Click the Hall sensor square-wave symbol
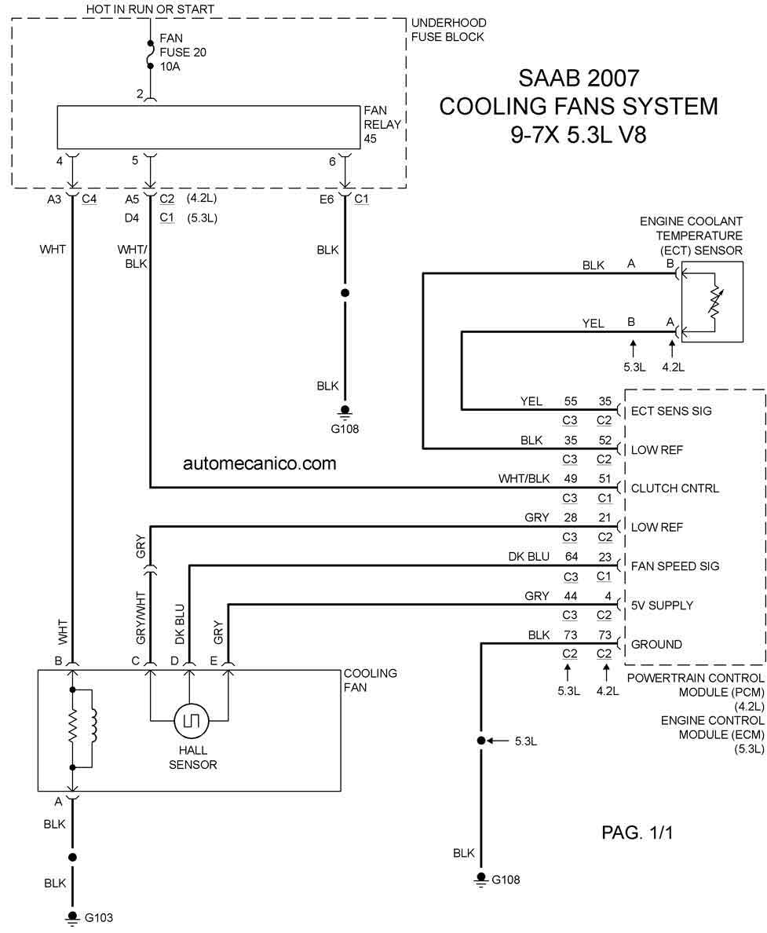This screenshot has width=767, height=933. click(191, 721)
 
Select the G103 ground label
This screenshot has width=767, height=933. click(99, 917)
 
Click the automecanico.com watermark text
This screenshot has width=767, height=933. click(259, 463)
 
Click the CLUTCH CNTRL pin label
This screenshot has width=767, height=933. click(675, 488)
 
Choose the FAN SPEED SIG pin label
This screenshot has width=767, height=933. click(675, 566)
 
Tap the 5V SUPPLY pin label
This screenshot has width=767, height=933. click(662, 606)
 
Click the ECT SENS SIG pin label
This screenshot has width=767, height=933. click(670, 412)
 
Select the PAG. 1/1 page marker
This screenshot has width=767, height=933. click(637, 832)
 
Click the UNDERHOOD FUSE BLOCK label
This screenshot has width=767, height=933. click(448, 30)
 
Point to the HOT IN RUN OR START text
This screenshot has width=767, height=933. click(150, 9)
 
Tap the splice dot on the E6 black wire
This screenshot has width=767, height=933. click(345, 293)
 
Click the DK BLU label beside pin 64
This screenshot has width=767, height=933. click(528, 556)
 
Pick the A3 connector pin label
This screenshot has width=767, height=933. click(54, 199)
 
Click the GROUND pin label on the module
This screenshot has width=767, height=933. click(656, 645)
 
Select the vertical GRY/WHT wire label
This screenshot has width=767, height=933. click(141, 617)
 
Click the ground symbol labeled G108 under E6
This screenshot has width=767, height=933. click(345, 412)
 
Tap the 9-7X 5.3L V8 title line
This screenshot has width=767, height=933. click(578, 135)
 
